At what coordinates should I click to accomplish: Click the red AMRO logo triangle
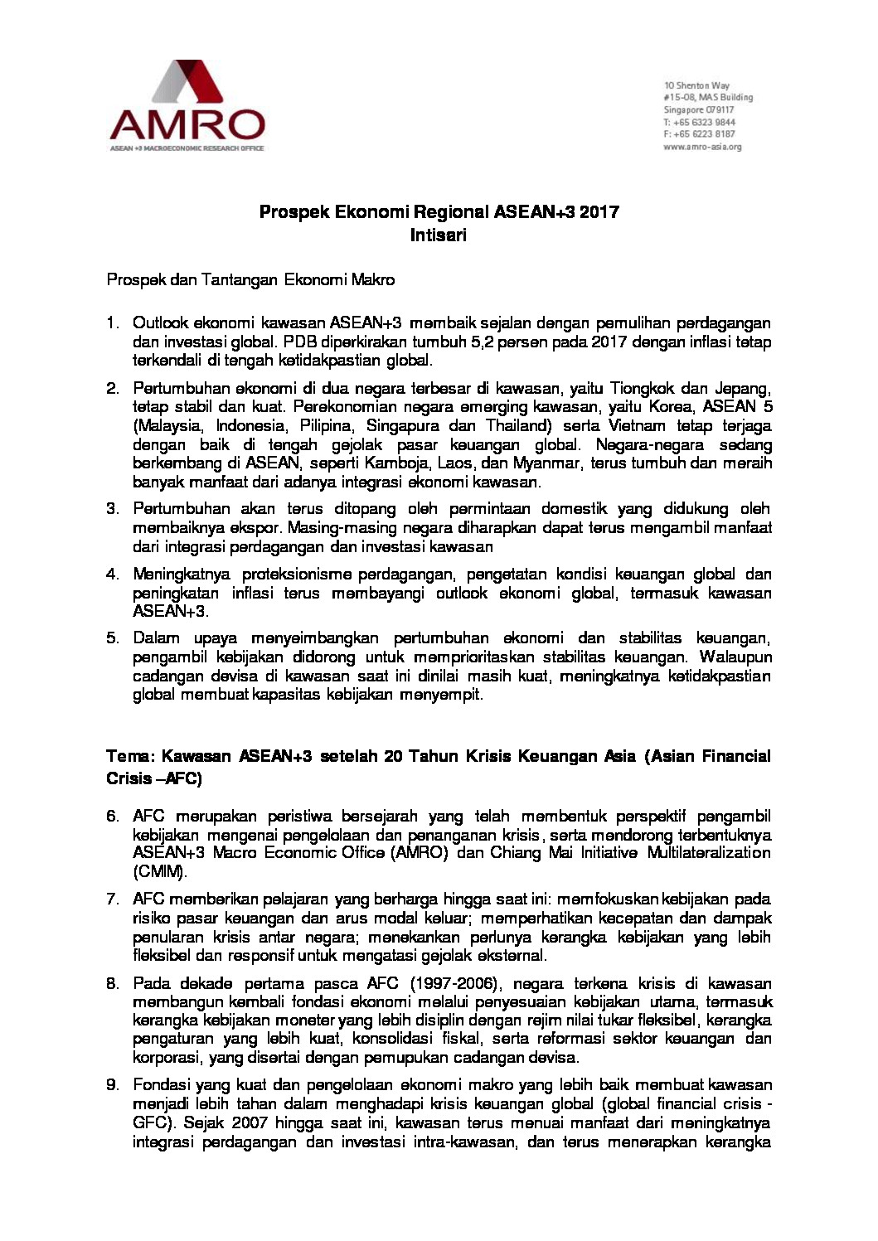[x=187, y=83]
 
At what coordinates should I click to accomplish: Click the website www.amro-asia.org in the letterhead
[x=702, y=146]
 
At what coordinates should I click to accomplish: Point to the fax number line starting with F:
[x=699, y=133]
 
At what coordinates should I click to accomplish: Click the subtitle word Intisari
[x=439, y=235]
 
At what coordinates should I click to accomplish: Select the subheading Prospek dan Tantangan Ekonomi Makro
[x=250, y=279]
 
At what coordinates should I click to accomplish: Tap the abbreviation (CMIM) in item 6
[x=160, y=872]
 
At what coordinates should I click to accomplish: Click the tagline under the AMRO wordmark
[x=187, y=148]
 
